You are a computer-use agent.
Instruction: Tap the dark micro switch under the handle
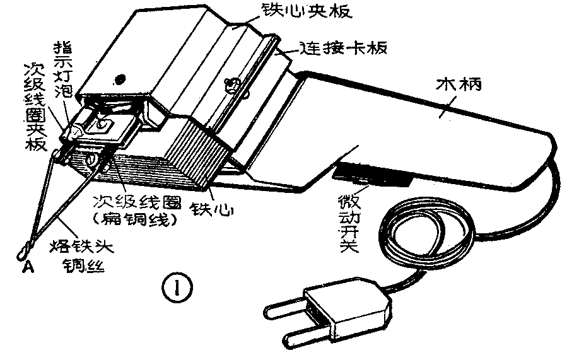372,175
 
